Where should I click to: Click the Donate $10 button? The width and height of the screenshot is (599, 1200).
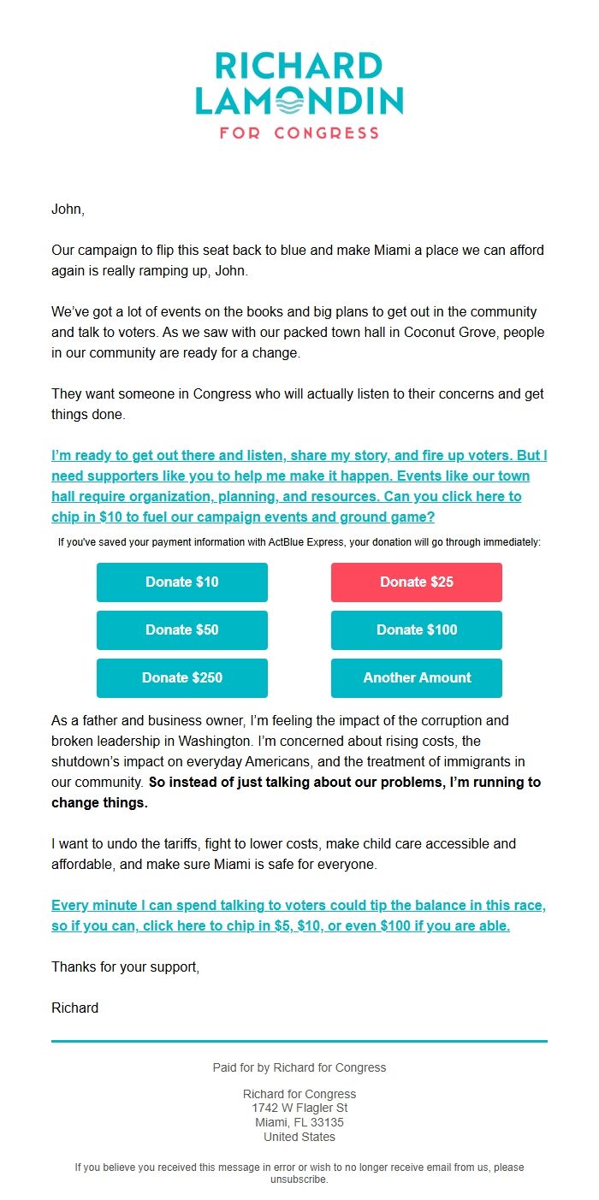pos(181,582)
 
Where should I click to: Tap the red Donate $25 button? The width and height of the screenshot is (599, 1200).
pos(416,582)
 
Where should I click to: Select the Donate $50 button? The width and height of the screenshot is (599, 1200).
pos(181,630)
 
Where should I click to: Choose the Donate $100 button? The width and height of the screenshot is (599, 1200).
pos(416,630)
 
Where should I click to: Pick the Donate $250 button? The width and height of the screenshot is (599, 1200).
pos(181,678)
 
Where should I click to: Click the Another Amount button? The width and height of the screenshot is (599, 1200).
pos(416,678)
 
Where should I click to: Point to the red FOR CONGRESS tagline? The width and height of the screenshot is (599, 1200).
pos(299,133)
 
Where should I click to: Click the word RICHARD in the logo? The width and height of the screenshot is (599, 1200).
pos(299,67)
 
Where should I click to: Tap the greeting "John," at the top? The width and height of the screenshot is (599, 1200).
pos(68,209)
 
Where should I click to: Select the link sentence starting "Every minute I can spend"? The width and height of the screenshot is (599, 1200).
pos(298,915)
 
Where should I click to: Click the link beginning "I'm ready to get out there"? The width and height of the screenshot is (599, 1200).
pos(299,486)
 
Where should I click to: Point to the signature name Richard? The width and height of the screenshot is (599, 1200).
pos(74,1008)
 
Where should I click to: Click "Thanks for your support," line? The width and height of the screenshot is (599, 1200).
pos(125,967)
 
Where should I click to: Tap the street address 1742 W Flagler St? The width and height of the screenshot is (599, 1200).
pos(299,1108)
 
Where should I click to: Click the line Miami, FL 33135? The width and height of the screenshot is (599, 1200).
pos(299,1122)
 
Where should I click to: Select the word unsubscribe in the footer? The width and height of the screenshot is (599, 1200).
pos(299,1179)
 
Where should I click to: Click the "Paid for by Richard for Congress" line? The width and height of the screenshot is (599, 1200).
pos(299,1067)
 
